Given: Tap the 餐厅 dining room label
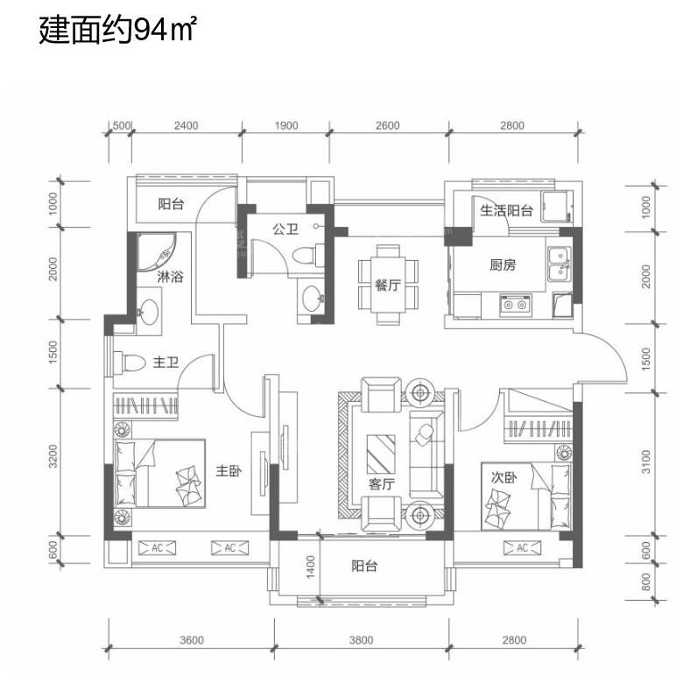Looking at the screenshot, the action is click(x=388, y=285).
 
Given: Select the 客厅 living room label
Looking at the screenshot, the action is click(x=382, y=484).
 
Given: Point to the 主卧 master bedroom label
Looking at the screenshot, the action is click(x=229, y=470).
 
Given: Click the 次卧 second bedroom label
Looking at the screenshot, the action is click(x=503, y=477).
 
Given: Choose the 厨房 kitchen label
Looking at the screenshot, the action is click(x=503, y=264).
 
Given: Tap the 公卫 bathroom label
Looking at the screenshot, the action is click(x=285, y=229).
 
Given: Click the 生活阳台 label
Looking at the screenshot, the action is click(x=506, y=210).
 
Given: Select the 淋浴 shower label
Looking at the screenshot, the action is click(x=170, y=277).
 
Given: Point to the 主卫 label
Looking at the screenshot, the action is click(x=166, y=363).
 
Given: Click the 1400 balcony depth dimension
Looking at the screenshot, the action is click(x=311, y=567).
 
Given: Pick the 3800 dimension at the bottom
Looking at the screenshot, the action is click(x=362, y=640).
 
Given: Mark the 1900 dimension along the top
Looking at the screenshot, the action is click(x=286, y=125).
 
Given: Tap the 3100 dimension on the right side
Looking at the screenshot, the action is click(x=646, y=461).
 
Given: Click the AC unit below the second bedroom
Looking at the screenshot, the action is click(x=522, y=548).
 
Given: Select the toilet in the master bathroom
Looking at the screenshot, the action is click(x=129, y=363).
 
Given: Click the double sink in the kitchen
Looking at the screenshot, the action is click(x=560, y=264).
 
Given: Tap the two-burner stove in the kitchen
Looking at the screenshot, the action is click(x=515, y=305).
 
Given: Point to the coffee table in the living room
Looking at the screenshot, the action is click(x=381, y=454).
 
